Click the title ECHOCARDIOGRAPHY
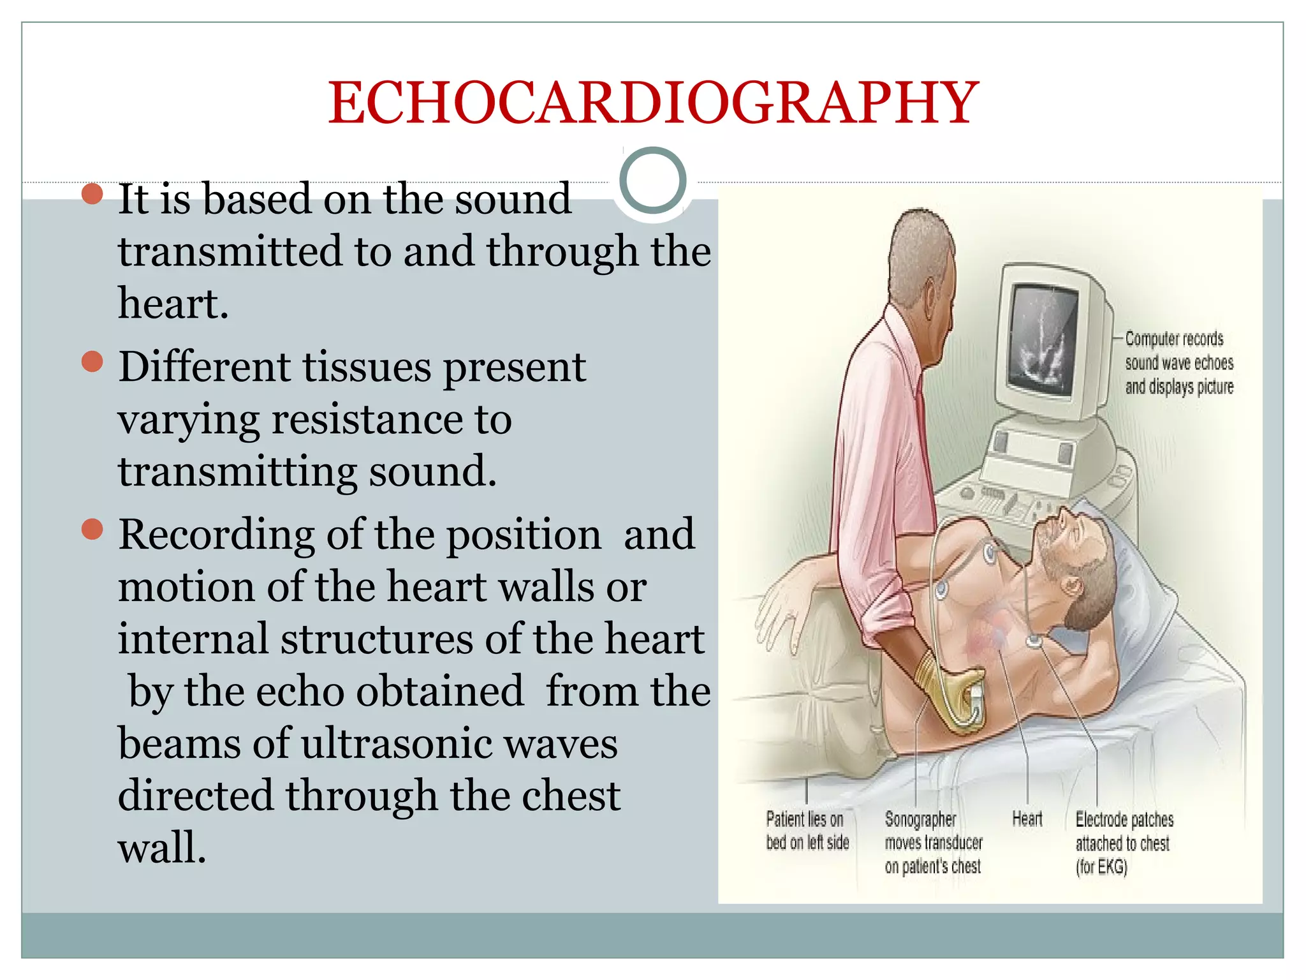pos(653,103)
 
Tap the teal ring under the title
pos(652,181)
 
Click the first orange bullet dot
pos(93,194)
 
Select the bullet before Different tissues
pos(93,362)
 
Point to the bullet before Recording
pos(93,529)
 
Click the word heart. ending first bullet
pos(173,304)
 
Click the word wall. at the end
pos(162,849)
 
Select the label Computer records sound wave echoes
pos(1178,362)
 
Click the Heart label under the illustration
pos(1027,819)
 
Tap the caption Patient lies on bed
pos(807,831)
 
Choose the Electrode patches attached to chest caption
pos(1124,843)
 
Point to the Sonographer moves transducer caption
pos(933,843)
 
